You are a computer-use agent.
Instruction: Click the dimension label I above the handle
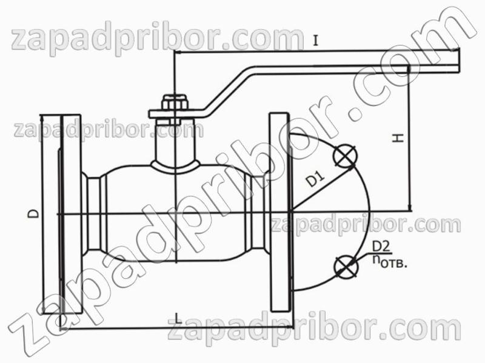[x=315, y=41]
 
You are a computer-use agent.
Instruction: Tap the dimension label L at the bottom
[x=178, y=318]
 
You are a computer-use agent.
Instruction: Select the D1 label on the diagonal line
[x=316, y=179]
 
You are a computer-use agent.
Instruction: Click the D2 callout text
[x=381, y=247]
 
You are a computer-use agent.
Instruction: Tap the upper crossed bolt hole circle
[x=345, y=156]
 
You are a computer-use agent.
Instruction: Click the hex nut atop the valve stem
[x=175, y=102]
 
